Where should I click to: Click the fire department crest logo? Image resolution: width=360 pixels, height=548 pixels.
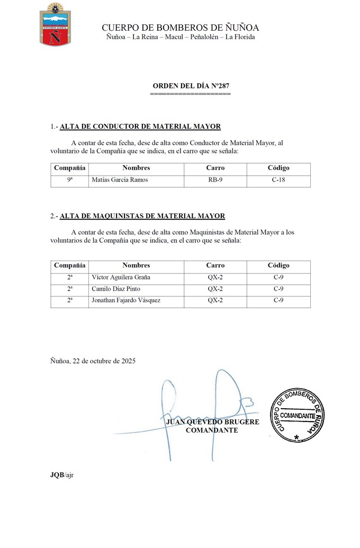52,24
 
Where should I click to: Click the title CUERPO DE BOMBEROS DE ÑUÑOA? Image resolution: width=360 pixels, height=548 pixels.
180,28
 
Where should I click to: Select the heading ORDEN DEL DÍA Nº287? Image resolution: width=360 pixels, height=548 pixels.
191,86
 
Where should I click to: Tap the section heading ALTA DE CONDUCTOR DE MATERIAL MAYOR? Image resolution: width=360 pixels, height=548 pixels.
140,127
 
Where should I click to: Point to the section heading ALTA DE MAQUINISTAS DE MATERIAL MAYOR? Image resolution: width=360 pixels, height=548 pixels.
142,216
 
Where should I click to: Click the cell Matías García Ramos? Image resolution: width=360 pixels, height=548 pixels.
120,180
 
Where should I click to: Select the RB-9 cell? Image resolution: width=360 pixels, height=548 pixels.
215,180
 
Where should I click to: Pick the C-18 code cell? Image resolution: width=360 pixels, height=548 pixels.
278,180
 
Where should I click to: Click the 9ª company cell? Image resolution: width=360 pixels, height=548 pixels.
69,180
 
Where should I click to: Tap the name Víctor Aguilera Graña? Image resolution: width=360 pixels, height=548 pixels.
121,277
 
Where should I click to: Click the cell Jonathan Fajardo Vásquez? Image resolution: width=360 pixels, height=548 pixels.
126,301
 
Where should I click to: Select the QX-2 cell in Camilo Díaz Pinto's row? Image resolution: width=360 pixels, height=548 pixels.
215,289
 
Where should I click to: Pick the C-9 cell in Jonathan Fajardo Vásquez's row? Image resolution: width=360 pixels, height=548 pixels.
278,301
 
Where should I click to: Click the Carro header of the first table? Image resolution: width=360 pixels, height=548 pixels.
215,168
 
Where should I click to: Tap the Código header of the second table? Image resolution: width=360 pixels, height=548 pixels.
278,266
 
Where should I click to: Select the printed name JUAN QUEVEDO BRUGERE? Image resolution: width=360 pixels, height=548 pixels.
212,422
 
